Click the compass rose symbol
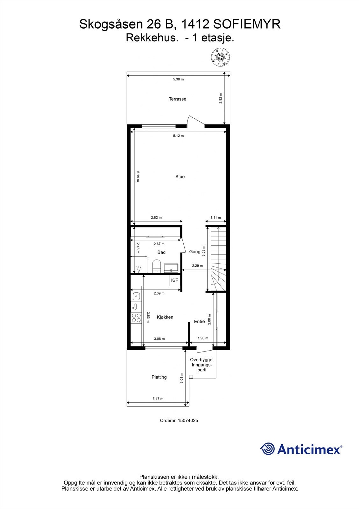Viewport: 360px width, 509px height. (220, 57)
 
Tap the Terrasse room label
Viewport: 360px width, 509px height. (177, 99)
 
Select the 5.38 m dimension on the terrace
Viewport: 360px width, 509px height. (178, 79)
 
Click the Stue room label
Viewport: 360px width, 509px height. (180, 177)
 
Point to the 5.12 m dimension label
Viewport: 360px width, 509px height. (178, 136)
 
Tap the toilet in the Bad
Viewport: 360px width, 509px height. (156, 266)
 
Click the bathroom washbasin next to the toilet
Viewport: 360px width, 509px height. (171, 268)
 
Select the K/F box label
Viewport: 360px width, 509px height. (174, 280)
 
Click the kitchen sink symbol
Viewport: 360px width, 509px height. (136, 296)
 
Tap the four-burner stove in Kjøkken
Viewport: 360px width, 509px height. (137, 318)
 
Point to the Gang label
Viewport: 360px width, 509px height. (195, 252)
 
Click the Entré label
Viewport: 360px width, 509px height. (199, 322)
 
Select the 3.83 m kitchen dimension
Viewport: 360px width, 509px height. (148, 317)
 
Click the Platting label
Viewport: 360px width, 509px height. (159, 377)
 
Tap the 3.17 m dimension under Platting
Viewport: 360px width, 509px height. (158, 399)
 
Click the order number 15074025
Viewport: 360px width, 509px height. (187, 420)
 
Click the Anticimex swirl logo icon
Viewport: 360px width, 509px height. (267, 449)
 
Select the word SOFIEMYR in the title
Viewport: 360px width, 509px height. (246, 24)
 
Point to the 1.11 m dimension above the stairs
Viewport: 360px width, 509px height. (215, 218)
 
